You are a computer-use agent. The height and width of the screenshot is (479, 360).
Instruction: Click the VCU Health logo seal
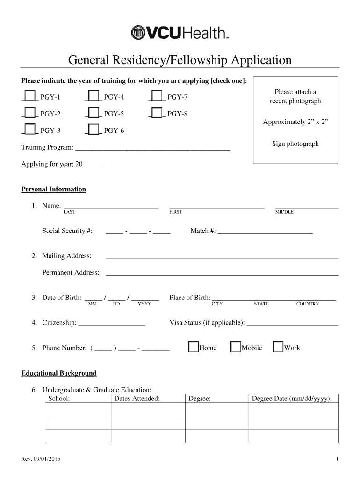[139, 33]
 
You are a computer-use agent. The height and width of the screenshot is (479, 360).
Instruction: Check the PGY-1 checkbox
[30, 96]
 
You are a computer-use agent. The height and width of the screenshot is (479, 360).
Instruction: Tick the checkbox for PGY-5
[94, 113]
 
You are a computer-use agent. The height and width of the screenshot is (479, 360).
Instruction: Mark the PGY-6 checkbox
[94, 130]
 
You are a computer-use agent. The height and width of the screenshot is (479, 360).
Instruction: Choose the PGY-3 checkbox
[30, 130]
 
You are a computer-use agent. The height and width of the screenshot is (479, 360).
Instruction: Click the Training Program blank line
[153, 148]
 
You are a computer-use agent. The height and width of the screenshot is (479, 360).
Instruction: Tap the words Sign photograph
[295, 144]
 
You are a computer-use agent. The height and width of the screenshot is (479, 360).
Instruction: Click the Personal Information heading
[53, 189]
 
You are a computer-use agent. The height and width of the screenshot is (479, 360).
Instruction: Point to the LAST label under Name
[69, 212]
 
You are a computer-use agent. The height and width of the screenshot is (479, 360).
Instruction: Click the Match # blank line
[265, 231]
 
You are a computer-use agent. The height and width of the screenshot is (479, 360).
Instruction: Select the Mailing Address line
[222, 256]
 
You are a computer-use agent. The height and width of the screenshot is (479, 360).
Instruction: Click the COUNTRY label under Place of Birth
[307, 304]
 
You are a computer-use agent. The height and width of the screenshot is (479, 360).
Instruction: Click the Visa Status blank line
[292, 323]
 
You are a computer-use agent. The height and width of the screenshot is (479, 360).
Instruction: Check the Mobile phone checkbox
[236, 348]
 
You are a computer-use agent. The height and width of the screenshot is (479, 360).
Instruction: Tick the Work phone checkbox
[278, 348]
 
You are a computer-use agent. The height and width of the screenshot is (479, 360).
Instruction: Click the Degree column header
[199, 399]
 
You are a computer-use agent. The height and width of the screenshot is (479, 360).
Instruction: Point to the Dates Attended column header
[137, 399]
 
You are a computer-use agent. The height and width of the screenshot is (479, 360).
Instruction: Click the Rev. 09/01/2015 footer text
[41, 459]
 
